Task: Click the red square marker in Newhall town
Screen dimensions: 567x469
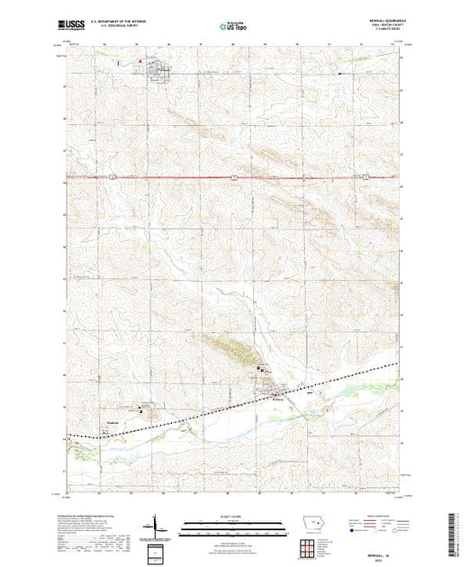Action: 140,62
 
